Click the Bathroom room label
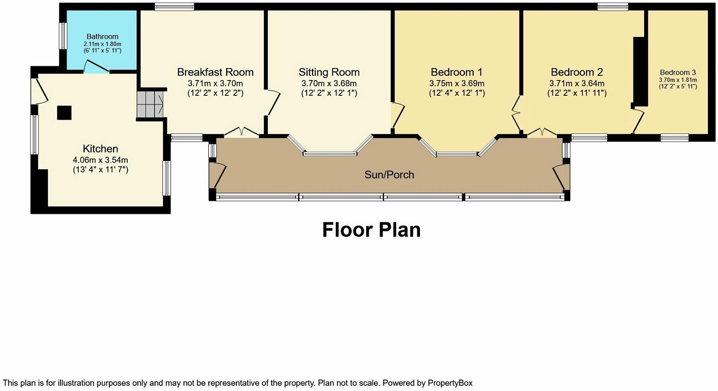click(102, 36)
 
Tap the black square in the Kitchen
click(64, 113)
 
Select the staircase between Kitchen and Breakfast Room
click(150, 105)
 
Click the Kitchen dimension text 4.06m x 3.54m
click(100, 160)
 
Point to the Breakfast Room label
click(215, 72)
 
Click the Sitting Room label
click(329, 72)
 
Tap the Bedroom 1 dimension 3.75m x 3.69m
click(456, 83)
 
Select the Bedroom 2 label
click(576, 72)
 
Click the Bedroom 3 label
click(677, 73)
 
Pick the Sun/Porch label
click(389, 175)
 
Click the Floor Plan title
click(371, 230)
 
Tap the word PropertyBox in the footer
click(450, 383)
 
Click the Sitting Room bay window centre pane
click(330, 154)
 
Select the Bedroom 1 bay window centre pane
click(457, 154)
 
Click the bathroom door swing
click(96, 67)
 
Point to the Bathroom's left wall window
click(62, 36)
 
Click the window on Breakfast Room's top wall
click(174, 6)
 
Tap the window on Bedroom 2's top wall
click(612, 6)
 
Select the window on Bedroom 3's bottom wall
click(674, 138)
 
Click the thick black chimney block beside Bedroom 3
click(639, 70)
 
